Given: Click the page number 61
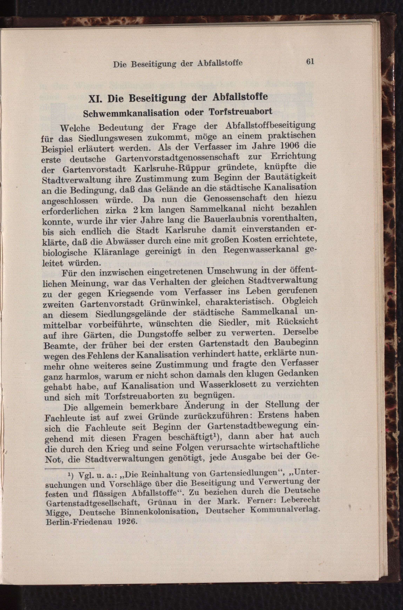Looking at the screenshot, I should click(x=310, y=62).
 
